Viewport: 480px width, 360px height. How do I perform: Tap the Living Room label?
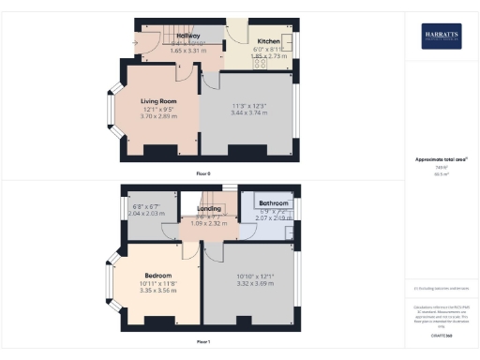point(159,101)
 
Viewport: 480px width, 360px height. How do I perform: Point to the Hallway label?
point(189,36)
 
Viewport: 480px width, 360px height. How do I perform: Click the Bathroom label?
point(274,203)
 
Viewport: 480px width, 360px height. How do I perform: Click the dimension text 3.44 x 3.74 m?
point(247,113)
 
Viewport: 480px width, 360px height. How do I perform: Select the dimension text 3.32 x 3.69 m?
point(250,283)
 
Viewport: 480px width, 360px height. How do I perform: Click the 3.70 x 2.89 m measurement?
point(159,114)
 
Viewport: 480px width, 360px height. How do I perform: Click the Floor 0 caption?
point(203,173)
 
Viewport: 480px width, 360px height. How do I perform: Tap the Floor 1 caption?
point(203,342)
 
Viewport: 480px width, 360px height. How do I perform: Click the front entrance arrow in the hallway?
point(138,41)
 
